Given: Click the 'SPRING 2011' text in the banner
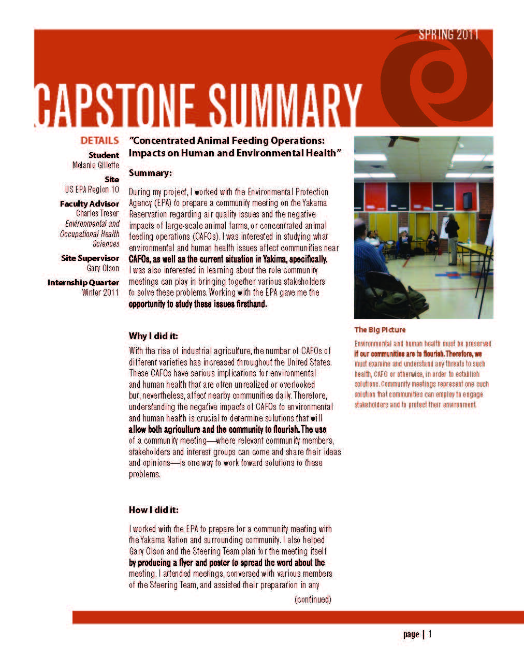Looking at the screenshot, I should click(x=448, y=35).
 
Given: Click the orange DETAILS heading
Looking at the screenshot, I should click(x=99, y=140).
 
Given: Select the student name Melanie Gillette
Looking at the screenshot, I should click(x=96, y=165).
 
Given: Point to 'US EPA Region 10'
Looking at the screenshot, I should click(x=89, y=189).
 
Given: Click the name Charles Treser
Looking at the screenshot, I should click(x=97, y=213).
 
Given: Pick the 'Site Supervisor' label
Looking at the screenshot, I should click(x=90, y=258).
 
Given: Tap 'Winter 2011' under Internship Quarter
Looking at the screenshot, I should click(x=100, y=293).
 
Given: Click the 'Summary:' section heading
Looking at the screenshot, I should click(x=150, y=173).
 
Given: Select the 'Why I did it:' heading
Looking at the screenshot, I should click(x=153, y=336).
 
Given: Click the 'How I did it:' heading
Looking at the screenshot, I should click(x=154, y=510).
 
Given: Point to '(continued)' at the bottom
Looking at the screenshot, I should click(x=313, y=600).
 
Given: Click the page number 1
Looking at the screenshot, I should click(x=430, y=634).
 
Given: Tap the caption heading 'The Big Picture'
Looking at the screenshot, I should click(x=380, y=330).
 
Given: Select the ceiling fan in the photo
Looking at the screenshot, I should click(x=404, y=140).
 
